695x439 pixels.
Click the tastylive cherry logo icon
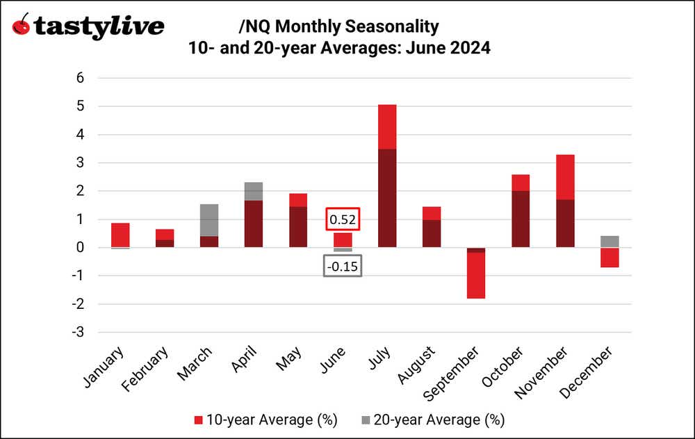point(22,26)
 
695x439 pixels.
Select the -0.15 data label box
point(342,266)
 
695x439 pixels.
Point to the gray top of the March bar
point(208,220)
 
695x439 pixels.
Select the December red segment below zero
point(610,257)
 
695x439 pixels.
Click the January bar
point(120,235)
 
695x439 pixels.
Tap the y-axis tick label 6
point(80,78)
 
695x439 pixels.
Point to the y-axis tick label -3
point(78,333)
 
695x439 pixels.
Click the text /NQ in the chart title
point(251,26)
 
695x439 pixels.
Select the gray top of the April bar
point(253,191)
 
